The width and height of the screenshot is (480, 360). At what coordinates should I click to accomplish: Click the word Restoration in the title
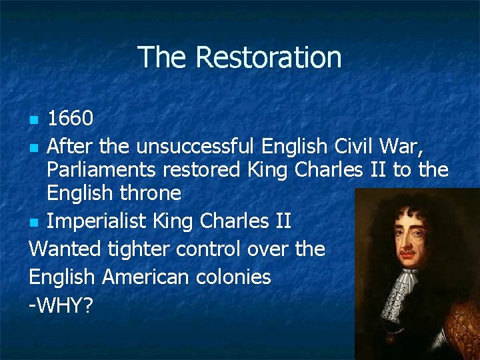tap(268, 57)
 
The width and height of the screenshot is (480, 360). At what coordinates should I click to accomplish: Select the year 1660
tap(70, 119)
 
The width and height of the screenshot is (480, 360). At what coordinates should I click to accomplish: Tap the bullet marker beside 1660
tap(35, 121)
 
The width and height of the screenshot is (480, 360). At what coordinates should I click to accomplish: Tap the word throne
tap(150, 194)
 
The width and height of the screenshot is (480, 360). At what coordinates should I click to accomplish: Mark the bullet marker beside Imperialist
tap(35, 221)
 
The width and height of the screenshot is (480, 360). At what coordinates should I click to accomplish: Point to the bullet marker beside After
tap(35, 146)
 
